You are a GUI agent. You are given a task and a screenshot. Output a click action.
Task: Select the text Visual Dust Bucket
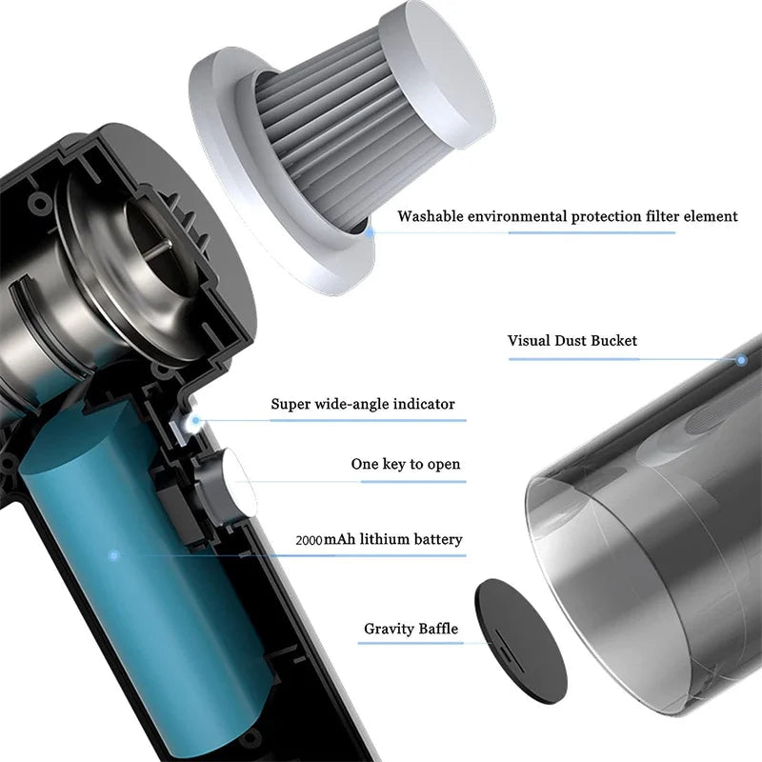pos(572,340)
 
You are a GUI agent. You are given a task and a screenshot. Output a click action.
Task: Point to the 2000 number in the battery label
pos(309,540)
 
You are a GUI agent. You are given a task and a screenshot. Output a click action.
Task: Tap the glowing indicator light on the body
pos(195,420)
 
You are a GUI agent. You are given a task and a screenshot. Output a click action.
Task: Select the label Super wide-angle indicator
pos(363,404)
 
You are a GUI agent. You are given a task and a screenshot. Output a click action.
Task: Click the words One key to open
pos(406,464)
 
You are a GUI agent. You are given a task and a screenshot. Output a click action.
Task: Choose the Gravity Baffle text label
pos(411,629)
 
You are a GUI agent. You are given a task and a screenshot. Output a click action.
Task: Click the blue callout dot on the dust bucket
pos(741,360)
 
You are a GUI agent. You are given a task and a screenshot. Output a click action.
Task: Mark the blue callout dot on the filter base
pos(370,232)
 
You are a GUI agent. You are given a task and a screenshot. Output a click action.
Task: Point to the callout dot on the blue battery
pos(113,555)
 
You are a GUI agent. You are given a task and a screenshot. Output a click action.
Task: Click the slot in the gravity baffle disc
pos(506,649)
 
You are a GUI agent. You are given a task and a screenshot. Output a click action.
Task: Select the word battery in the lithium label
pos(437,539)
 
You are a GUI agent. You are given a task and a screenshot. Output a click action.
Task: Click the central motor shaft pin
pos(160,247)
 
